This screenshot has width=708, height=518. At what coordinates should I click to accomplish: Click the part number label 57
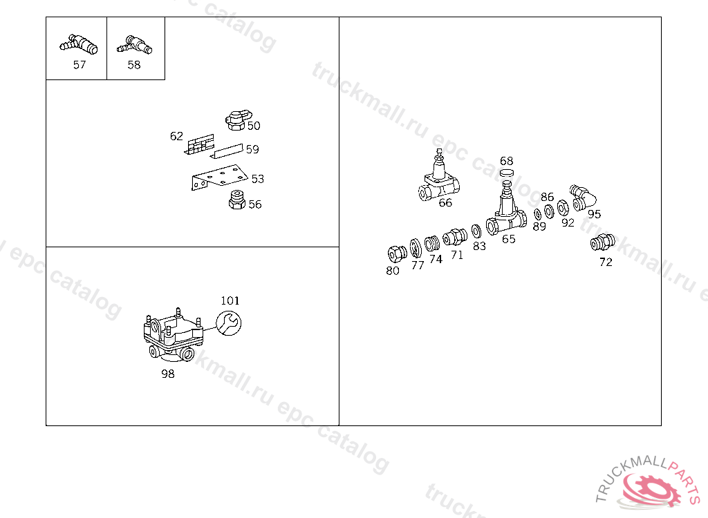pos(80,65)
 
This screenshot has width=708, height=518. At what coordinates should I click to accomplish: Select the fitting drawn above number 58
pos(135,45)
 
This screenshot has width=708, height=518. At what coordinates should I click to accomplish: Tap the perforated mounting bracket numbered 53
pos(219,178)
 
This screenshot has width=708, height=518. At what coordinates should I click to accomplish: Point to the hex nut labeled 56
pos(236,200)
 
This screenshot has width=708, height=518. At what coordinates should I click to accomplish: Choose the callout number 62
pos(176,136)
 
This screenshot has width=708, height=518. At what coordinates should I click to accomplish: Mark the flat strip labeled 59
pos(227,151)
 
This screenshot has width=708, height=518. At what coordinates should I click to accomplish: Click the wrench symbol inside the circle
pos(229,323)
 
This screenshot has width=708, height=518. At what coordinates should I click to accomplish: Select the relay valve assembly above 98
pos(174,335)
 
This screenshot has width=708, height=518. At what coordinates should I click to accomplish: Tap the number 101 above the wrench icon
pos(230,300)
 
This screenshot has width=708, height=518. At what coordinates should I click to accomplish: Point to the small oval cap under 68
pos(507,173)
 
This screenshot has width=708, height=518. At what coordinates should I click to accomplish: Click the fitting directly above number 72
pos(603,242)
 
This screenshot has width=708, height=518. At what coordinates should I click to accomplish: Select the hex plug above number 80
pos(397,253)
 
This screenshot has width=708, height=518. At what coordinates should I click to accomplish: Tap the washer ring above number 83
pos(476,231)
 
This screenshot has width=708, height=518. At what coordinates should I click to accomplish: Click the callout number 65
pos(509,239)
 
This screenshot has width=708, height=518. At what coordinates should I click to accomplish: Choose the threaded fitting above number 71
pos(455,238)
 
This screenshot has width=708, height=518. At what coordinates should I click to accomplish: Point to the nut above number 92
pos(563,208)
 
